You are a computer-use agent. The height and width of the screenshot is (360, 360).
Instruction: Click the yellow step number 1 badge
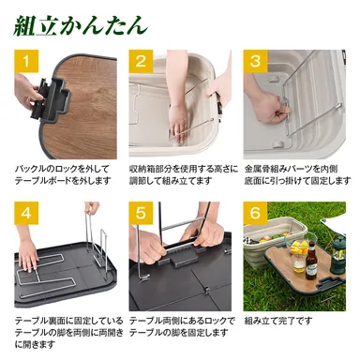(26, 63)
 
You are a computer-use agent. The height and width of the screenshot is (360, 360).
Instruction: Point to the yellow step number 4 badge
(26, 213)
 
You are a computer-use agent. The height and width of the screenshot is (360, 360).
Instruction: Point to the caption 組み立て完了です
(278, 320)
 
